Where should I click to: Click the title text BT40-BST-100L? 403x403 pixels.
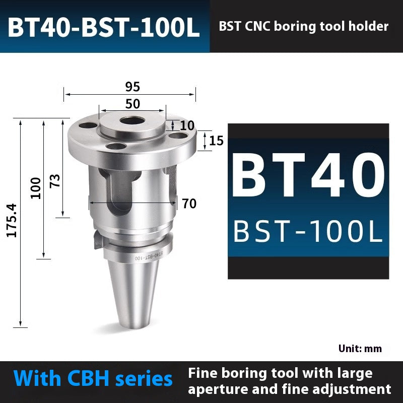(x=104, y=28)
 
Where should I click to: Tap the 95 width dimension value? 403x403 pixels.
(x=132, y=87)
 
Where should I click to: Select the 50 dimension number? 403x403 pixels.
(x=132, y=104)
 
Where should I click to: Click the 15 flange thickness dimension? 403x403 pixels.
(x=216, y=141)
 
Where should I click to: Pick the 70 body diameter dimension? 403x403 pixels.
(x=189, y=204)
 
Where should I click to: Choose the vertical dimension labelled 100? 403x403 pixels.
(x=36, y=187)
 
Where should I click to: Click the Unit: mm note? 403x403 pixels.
(x=360, y=349)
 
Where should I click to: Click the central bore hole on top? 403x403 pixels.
(x=132, y=121)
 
